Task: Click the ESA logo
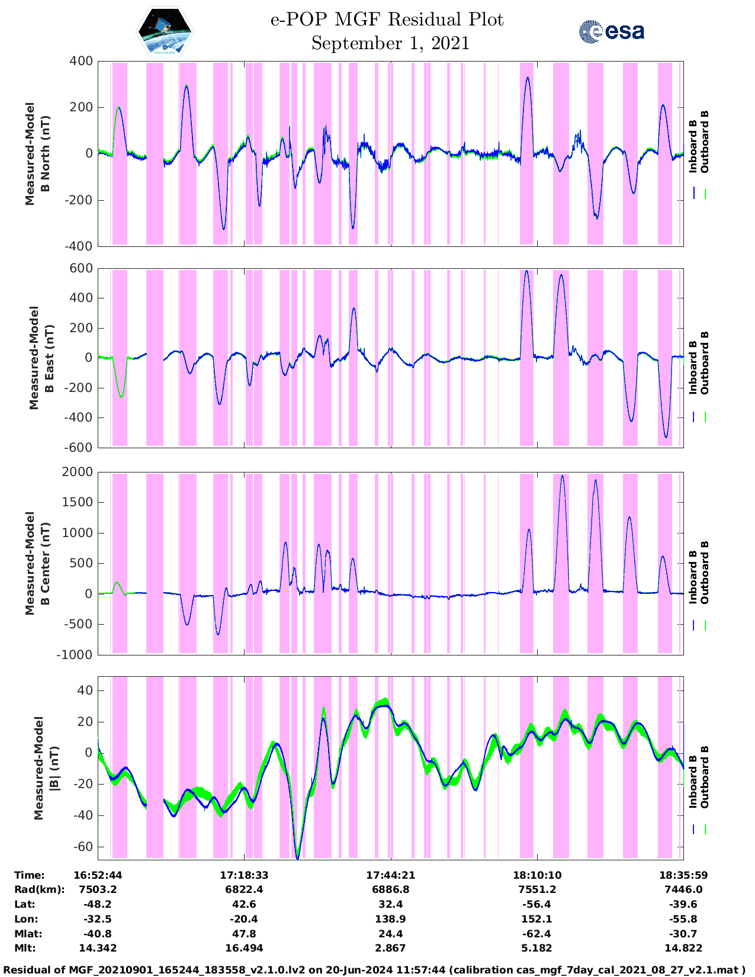612,31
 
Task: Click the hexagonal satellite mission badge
165,33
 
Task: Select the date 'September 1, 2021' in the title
390,43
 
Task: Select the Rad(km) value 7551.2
536,889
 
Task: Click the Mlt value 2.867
390,948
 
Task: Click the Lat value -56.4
536,904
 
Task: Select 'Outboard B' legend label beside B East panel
705,362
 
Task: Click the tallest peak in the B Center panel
562,476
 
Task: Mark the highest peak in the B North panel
528,78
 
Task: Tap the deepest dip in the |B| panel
297,857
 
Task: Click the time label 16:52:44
98,875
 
